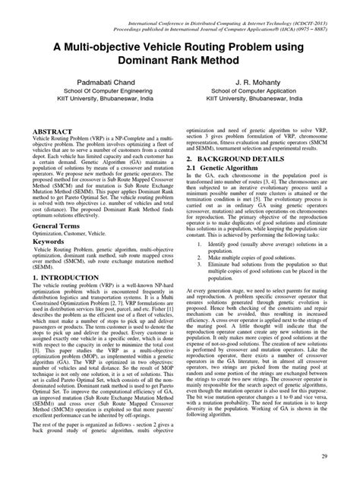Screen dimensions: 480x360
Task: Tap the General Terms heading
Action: pyautogui.click(x=58, y=227)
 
